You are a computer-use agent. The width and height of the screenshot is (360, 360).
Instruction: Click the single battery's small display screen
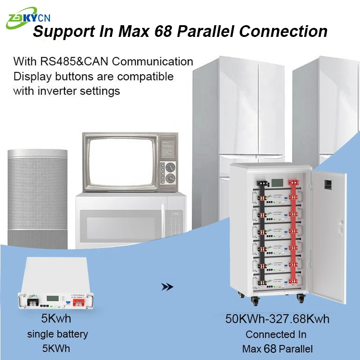click(x=54, y=299)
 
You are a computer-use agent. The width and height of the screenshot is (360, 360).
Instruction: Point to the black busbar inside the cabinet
click(x=260, y=234)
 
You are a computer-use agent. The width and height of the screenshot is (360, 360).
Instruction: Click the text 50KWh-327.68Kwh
click(x=277, y=319)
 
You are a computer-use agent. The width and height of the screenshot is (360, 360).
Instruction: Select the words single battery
click(x=58, y=334)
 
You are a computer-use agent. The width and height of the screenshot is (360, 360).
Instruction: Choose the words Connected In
click(x=276, y=334)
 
